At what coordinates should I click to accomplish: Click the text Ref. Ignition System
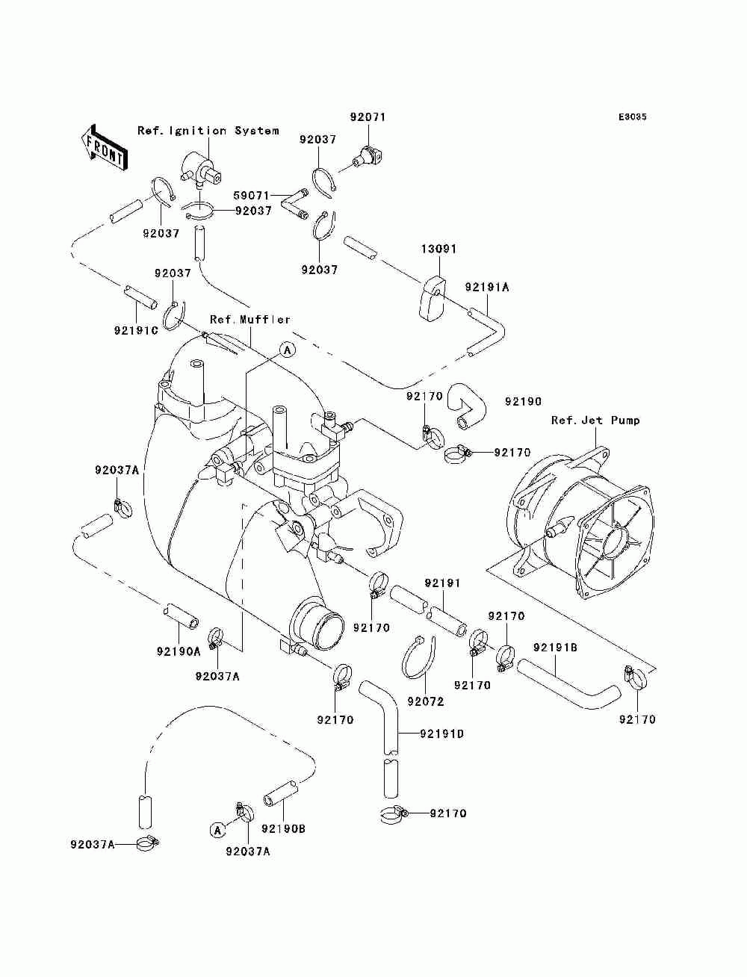(208, 131)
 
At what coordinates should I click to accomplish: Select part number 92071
(368, 118)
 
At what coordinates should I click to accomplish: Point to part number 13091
(438, 249)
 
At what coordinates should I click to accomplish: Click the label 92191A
(486, 287)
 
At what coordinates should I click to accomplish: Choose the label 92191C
(136, 330)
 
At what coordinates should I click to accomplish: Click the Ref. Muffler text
(249, 320)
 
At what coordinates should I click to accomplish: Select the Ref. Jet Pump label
(595, 421)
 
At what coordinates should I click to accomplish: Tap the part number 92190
(523, 402)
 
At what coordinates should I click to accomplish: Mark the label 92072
(426, 701)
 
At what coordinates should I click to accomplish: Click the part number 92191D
(441, 734)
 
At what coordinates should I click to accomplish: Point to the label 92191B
(555, 648)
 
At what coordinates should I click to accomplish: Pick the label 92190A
(179, 651)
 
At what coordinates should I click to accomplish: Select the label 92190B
(283, 829)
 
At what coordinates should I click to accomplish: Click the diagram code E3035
(632, 118)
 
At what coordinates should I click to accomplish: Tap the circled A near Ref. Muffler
(288, 349)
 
